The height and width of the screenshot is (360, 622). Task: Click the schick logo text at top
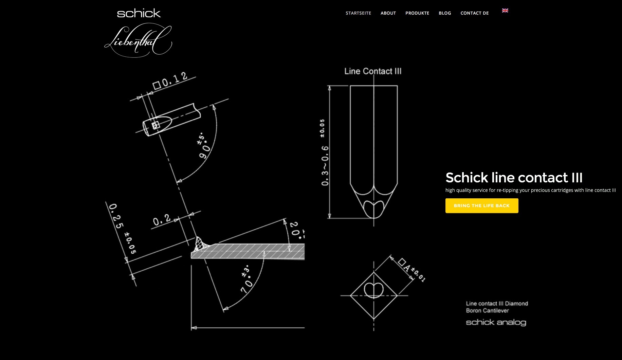[139, 13]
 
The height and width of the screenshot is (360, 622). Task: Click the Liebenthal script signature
[138, 40]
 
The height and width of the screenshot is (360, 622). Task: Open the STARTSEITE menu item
[358, 13]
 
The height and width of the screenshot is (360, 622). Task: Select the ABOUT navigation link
[388, 13]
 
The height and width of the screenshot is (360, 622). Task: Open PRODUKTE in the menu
[417, 13]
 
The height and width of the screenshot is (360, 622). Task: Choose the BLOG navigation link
[445, 13]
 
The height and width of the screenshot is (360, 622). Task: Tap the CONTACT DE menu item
[475, 13]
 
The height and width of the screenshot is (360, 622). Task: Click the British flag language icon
[505, 11]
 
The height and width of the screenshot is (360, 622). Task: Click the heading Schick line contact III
[514, 178]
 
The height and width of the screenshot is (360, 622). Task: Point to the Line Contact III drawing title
[373, 71]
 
